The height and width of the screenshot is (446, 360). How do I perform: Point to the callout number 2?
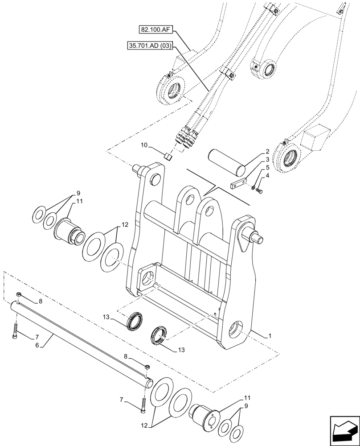pos(267,152)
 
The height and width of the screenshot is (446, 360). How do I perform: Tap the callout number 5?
pos(267,168)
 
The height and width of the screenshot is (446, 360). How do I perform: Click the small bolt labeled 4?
pos(260,191)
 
